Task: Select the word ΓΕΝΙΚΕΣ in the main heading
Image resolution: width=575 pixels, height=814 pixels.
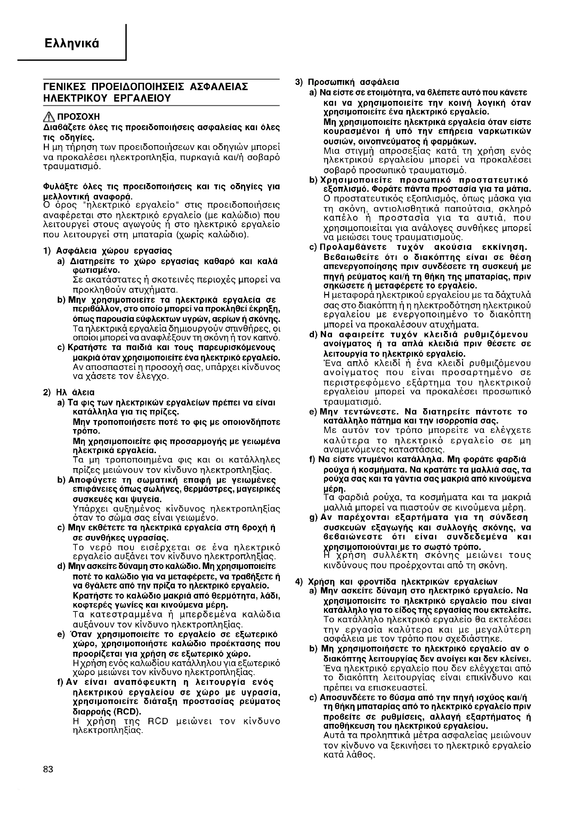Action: pyautogui.click(x=64, y=87)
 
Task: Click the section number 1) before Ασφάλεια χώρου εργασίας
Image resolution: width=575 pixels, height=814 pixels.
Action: pyautogui.click(x=47, y=251)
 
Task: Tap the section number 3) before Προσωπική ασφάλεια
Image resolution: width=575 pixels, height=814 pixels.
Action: pyautogui.click(x=300, y=82)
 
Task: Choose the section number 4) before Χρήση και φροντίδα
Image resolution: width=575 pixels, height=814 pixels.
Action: pyautogui.click(x=300, y=582)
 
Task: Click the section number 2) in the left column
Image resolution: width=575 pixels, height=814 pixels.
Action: pyautogui.click(x=47, y=393)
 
